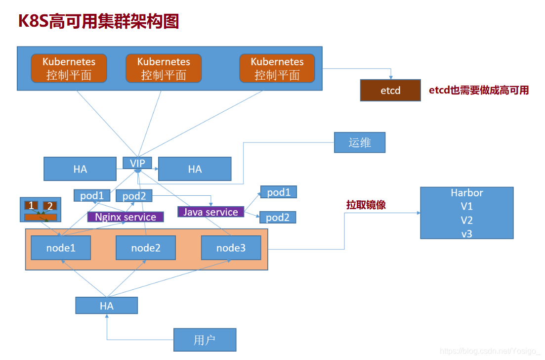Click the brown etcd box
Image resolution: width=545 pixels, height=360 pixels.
click(x=390, y=90)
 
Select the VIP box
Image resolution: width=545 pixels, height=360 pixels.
click(x=137, y=163)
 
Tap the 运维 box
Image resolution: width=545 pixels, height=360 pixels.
click(x=359, y=142)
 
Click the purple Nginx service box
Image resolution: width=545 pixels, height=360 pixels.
click(x=126, y=217)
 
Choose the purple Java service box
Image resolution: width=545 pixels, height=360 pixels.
click(x=211, y=212)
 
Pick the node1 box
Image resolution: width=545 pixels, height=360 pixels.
click(x=61, y=248)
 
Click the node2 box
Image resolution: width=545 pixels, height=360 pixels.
click(x=146, y=248)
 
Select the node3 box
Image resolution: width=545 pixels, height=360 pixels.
click(x=231, y=248)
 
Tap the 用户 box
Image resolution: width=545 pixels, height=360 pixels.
click(x=205, y=340)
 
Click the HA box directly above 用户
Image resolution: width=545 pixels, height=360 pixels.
click(x=106, y=306)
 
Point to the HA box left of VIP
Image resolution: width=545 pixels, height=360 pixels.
click(x=80, y=169)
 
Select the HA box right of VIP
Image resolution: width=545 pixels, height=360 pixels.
click(x=195, y=169)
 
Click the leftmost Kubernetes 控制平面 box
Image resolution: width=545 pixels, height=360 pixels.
click(x=69, y=68)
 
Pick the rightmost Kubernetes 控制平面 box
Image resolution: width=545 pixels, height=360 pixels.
click(x=277, y=68)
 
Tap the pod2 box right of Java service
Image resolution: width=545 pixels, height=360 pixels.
click(x=278, y=218)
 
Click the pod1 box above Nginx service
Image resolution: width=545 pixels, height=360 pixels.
click(x=92, y=196)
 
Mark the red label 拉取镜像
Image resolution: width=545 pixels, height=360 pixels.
click(x=366, y=205)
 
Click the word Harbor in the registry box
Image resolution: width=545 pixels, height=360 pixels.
click(x=466, y=193)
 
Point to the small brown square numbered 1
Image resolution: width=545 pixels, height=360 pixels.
click(x=32, y=205)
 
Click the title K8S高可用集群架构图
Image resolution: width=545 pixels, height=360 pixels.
click(x=99, y=21)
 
